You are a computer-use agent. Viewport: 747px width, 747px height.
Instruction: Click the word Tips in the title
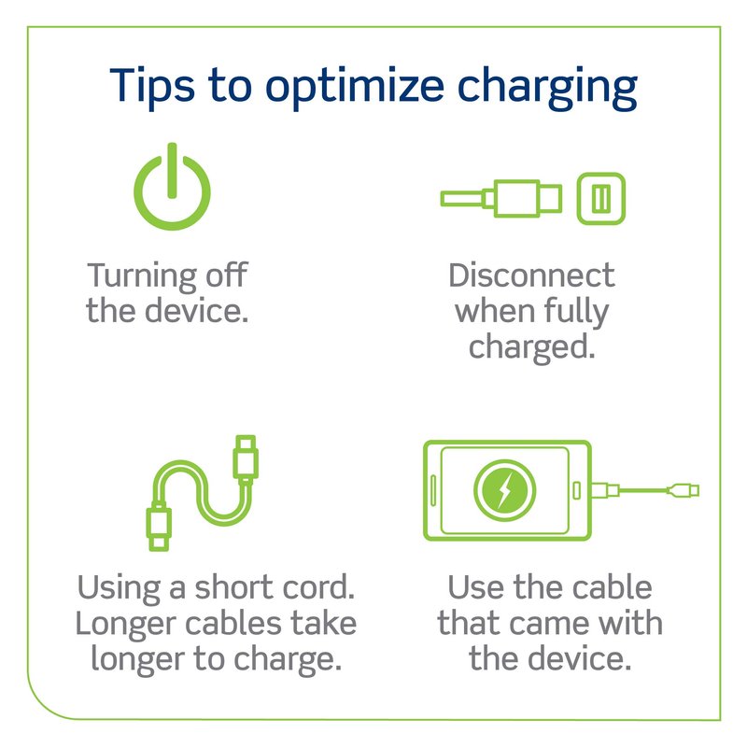pyautogui.click(x=152, y=87)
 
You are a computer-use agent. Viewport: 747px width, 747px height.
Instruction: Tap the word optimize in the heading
pyautogui.click(x=355, y=87)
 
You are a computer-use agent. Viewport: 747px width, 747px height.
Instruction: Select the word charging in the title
pyautogui.click(x=547, y=88)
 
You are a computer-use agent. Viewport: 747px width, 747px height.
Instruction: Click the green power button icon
pyautogui.click(x=172, y=186)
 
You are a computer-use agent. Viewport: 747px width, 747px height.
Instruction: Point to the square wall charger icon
pyautogui.click(x=600, y=198)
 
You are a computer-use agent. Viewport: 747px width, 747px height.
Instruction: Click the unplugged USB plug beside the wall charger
pyautogui.click(x=501, y=198)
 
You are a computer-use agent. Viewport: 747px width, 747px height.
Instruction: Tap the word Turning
pyautogui.click(x=142, y=276)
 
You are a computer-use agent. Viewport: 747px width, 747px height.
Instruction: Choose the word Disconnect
pyautogui.click(x=531, y=275)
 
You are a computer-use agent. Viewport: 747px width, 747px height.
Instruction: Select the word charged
pyautogui.click(x=531, y=347)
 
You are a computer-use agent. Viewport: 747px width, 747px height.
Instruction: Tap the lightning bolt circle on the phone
pyautogui.click(x=504, y=489)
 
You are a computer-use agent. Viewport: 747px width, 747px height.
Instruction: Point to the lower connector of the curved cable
pyautogui.click(x=159, y=527)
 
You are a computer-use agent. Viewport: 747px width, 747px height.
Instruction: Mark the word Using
pyautogui.click(x=120, y=589)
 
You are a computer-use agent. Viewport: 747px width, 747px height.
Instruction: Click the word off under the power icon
pyautogui.click(x=227, y=275)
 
